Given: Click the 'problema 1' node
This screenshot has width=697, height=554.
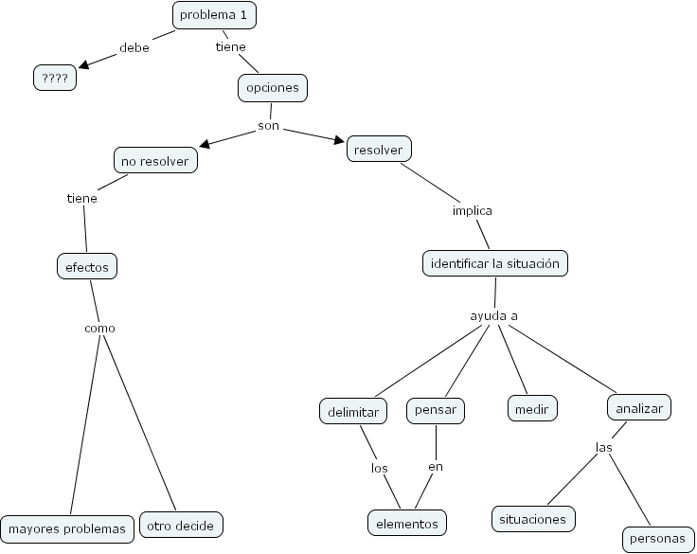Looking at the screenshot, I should click(215, 15).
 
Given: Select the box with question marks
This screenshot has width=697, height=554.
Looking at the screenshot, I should click(55, 79).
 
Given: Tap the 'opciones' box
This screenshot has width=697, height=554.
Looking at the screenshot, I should click(273, 88).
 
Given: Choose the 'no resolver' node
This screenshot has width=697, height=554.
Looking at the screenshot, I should click(155, 161).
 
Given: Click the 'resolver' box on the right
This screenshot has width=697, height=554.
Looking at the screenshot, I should click(380, 150).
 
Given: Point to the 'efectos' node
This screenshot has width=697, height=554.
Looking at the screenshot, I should click(87, 267).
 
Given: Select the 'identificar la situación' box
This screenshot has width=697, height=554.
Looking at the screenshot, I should click(494, 263).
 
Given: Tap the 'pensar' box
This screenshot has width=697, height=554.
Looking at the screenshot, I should click(436, 410).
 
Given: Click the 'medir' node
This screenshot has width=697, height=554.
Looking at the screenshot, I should click(532, 409).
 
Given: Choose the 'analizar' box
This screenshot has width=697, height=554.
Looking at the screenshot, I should click(639, 408).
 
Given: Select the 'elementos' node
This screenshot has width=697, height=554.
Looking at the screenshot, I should click(406, 522).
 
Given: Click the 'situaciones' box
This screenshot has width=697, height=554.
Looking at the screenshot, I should click(533, 519).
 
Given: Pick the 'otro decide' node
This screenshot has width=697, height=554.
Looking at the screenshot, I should click(181, 524).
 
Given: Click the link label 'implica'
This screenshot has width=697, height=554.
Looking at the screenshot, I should click(472, 210).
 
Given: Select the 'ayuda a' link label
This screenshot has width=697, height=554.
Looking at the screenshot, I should click(494, 315).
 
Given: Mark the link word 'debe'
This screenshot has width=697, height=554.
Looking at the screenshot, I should click(134, 47).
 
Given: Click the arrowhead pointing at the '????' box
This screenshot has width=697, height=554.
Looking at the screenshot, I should click(84, 64).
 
